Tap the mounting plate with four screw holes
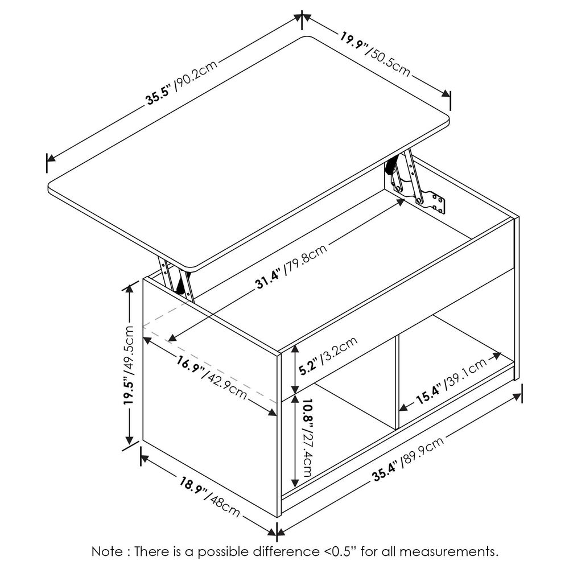click(x=438, y=203)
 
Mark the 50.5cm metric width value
click(x=390, y=62)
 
